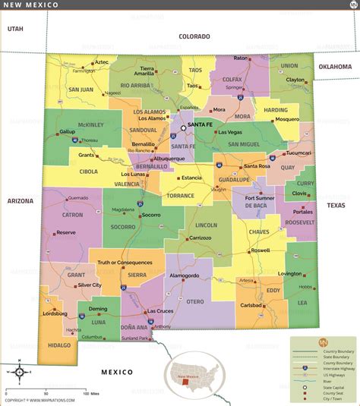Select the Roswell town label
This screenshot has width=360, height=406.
260,250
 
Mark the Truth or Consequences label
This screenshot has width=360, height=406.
125,263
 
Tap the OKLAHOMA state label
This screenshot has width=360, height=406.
335,67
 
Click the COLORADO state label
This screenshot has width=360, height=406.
194,36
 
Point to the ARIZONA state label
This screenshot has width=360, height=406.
21,201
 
